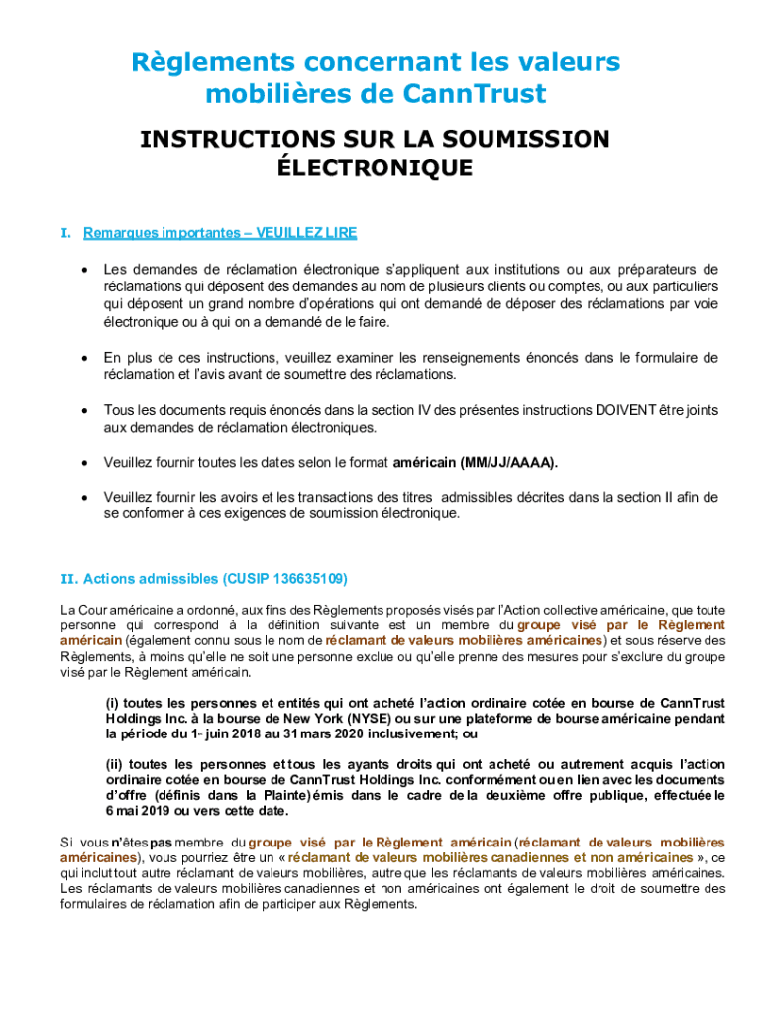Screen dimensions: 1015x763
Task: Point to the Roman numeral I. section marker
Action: pyautogui.click(x=65, y=233)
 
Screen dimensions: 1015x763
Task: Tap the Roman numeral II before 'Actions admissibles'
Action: pyautogui.click(x=68, y=578)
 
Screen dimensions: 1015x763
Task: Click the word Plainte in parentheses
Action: pyautogui.click(x=283, y=795)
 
